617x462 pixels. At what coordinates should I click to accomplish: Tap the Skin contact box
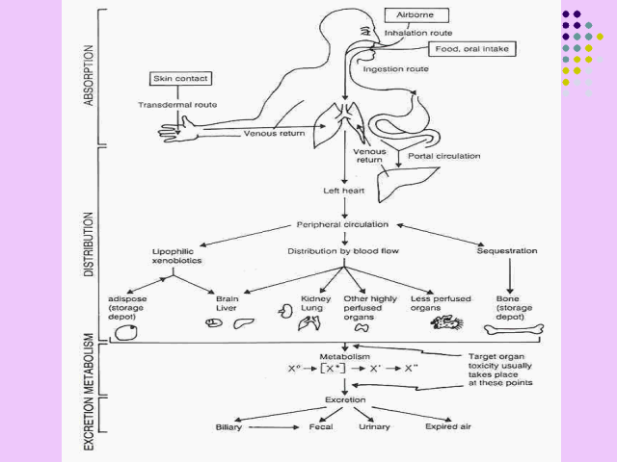click(180, 78)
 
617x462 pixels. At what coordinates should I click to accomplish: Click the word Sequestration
click(507, 251)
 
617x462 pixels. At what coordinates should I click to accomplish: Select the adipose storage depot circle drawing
click(124, 332)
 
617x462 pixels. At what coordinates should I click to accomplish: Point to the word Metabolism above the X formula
click(344, 356)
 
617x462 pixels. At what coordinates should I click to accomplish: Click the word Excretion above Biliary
click(344, 398)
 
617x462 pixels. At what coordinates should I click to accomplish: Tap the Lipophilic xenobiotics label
click(174, 256)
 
